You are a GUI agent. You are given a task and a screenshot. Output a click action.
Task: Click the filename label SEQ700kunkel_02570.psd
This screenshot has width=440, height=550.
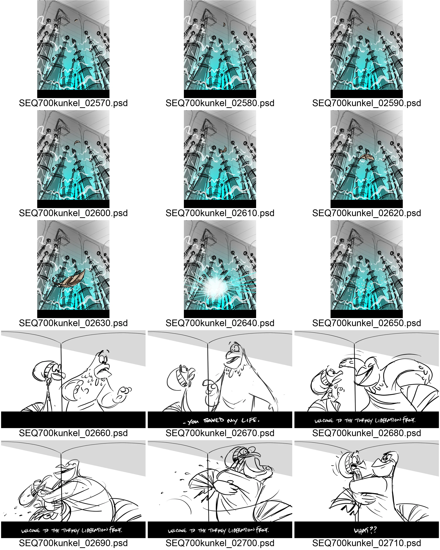73,103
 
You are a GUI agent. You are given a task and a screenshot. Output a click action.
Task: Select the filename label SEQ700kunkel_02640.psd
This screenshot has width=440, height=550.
220,323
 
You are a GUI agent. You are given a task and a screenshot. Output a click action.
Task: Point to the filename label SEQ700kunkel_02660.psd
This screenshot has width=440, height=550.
73,433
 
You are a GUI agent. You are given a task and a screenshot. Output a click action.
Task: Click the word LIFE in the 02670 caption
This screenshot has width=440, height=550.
250,420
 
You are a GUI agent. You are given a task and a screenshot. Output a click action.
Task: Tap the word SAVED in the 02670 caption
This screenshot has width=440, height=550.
214,420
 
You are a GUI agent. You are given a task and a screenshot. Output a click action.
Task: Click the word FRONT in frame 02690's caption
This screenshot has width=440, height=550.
116,530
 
